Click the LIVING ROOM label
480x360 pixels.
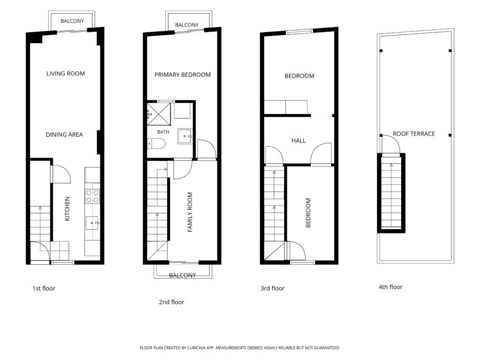(x=66, y=74)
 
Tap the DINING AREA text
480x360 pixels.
(x=64, y=135)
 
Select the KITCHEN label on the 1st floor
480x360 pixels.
(x=67, y=209)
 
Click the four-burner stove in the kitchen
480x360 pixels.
(x=92, y=196)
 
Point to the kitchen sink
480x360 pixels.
(x=92, y=223)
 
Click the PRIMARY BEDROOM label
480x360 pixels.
(x=182, y=75)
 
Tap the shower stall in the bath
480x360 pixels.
(x=158, y=114)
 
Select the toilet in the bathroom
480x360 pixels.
(x=157, y=143)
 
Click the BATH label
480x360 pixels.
(x=163, y=132)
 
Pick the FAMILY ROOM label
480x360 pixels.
(x=190, y=212)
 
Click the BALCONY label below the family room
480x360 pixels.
(x=182, y=275)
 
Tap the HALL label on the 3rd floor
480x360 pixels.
(x=299, y=141)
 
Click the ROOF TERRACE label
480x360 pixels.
(x=414, y=134)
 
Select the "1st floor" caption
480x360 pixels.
(x=44, y=288)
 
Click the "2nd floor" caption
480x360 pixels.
(x=172, y=302)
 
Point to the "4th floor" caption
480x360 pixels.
(x=390, y=287)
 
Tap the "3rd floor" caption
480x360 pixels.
(x=272, y=288)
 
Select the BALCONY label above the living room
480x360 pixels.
(x=72, y=21)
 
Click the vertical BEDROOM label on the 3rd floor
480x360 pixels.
(x=308, y=213)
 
